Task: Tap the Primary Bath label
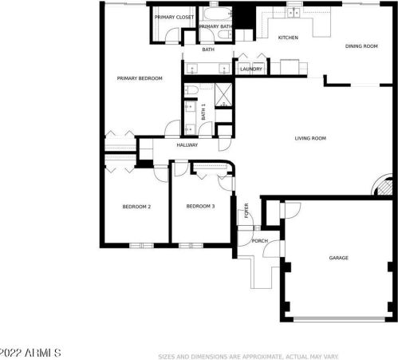coord(215,27)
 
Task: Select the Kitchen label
coord(288,38)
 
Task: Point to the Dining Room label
coord(361,46)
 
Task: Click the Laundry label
coord(252,69)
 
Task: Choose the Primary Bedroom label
coord(140,78)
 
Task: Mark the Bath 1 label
coord(203,113)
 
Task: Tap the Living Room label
coord(310,138)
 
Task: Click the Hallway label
coord(187,145)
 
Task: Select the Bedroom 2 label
coord(136,207)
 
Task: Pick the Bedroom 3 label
coord(200,206)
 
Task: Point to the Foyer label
coord(247,212)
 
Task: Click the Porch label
coord(259,240)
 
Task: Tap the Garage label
coord(339,258)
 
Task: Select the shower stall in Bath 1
coord(224,95)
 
